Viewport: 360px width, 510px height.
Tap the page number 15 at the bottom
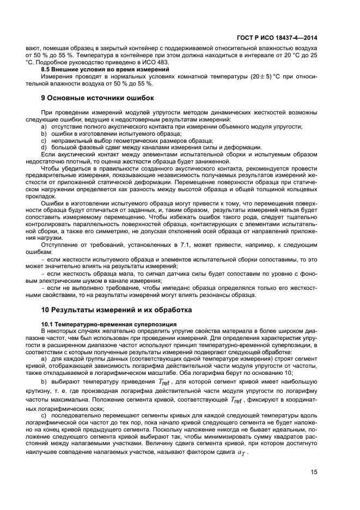point(314,472)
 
